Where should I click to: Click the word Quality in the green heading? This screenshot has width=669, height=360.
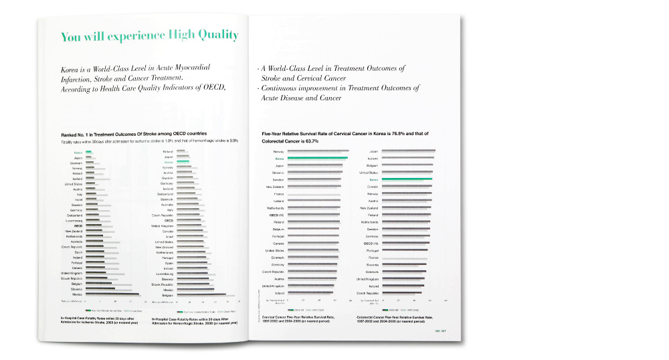(x=213, y=36)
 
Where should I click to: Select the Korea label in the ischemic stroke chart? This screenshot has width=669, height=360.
(x=78, y=153)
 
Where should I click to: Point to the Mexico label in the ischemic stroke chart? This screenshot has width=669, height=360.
(x=78, y=294)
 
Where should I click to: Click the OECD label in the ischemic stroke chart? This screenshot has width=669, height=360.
(x=78, y=226)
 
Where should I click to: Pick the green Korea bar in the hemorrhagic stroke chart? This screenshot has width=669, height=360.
(x=183, y=163)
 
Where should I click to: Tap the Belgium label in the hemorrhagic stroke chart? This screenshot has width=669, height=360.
(x=168, y=294)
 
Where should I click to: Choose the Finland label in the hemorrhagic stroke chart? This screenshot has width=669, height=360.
(x=168, y=152)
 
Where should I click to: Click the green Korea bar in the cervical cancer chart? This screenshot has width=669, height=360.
(x=318, y=159)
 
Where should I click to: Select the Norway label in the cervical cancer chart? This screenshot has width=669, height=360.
(x=279, y=152)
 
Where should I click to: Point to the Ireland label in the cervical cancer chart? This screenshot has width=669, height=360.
(x=279, y=293)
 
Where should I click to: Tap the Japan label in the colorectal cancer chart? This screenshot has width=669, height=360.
(x=374, y=152)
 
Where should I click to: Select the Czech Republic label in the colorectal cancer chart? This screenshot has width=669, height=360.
(x=368, y=293)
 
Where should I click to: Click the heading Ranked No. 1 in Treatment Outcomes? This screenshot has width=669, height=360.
(x=134, y=134)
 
